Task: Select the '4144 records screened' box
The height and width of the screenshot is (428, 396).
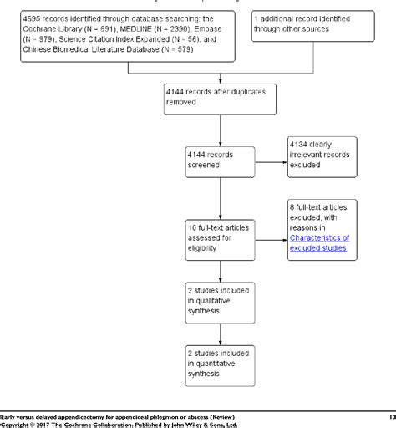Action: coord(220,161)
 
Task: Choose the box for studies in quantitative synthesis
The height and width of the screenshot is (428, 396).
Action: coord(220,362)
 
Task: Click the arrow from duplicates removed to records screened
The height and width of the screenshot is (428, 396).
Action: coord(220,130)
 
